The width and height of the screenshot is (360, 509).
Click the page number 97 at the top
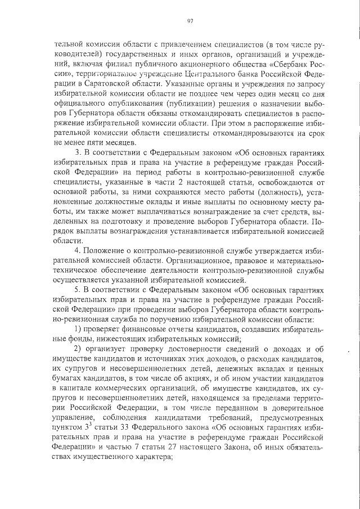[190, 21]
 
